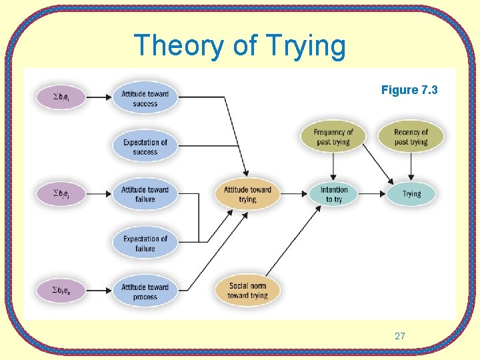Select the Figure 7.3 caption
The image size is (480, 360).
click(x=409, y=90)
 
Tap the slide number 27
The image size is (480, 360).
click(x=399, y=336)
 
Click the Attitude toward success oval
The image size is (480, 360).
click(x=145, y=99)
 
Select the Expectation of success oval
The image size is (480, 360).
click(x=145, y=147)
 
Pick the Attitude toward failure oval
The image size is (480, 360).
click(x=145, y=194)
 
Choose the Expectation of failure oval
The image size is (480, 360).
click(x=145, y=243)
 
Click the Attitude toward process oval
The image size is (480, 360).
click(x=145, y=291)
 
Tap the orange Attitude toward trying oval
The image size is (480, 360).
click(x=247, y=194)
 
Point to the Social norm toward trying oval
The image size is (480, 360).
click(x=247, y=291)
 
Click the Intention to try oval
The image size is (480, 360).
click(x=333, y=194)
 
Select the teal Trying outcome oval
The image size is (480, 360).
click(x=411, y=194)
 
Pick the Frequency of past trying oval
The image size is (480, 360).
click(x=333, y=137)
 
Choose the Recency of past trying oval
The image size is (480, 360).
click(x=411, y=137)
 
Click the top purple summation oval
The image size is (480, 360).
click(x=62, y=98)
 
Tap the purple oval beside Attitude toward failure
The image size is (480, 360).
click(x=62, y=194)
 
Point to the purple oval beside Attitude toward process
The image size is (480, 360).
click(x=62, y=291)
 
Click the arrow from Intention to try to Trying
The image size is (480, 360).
click(x=374, y=194)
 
